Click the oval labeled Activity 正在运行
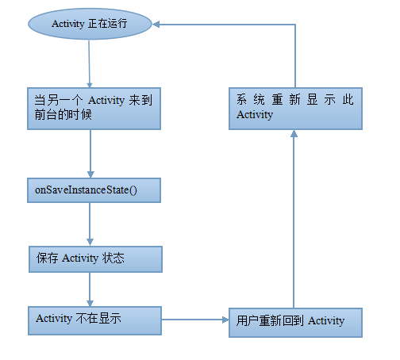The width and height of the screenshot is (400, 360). point(90,24)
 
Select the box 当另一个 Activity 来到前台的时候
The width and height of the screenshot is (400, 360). point(94,109)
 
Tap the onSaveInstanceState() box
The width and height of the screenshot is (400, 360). point(94,190)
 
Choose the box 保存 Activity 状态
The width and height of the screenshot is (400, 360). point(95,259)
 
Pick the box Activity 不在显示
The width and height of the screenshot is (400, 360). point(94,321)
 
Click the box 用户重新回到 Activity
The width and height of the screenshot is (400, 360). point(295,323)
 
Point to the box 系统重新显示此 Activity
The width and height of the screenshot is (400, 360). point(295,109)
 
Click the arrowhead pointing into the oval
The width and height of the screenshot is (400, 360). point(156,25)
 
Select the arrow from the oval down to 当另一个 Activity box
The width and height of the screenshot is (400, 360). point(89,64)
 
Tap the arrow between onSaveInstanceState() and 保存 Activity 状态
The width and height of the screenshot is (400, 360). point(90,224)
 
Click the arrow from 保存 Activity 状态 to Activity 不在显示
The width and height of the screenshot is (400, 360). point(90,289)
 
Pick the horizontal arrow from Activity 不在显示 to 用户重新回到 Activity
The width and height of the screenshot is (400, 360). point(195,320)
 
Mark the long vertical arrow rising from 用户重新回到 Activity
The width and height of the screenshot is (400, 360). point(294,219)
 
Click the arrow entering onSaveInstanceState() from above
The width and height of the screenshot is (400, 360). point(90,154)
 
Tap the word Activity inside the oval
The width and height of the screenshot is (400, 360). point(67,24)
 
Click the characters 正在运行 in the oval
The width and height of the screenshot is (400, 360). point(108,24)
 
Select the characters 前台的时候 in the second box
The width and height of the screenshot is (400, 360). point(63,115)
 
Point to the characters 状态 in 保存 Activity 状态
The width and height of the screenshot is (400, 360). point(113,258)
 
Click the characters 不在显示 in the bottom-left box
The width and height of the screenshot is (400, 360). point(98,318)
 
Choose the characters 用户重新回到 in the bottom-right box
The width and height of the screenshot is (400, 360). point(270,320)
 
